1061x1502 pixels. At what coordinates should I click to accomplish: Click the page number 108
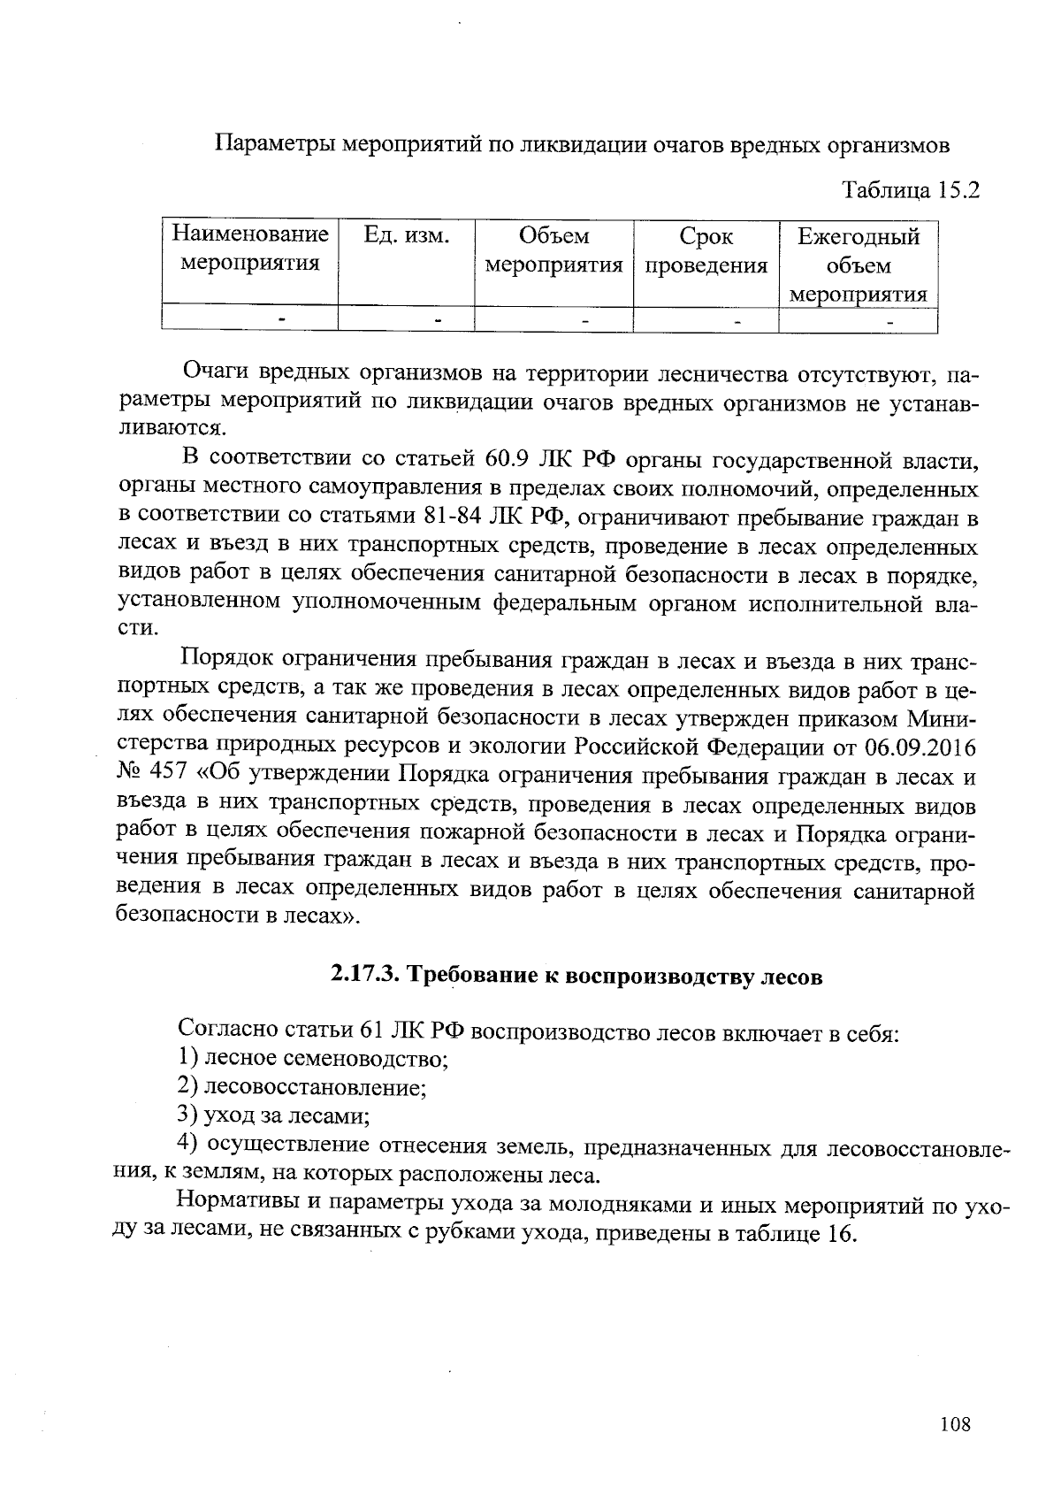pos(955,1423)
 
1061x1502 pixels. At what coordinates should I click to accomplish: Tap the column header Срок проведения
pos(706,251)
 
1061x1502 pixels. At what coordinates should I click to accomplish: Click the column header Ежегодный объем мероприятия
pos(858,264)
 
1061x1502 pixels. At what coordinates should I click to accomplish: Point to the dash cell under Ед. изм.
pos(437,318)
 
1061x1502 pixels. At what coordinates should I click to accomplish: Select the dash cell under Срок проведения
pos(737,318)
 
